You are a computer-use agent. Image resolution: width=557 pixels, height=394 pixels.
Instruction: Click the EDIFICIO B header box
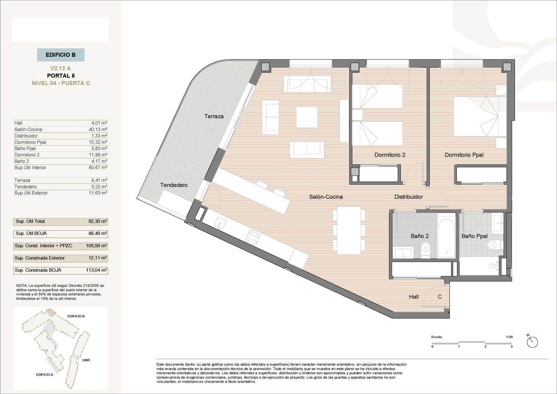pyautogui.click(x=61, y=55)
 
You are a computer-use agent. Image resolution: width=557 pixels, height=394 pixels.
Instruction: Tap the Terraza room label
pyautogui.click(x=214, y=116)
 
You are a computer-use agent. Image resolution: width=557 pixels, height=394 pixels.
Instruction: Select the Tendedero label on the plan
pyautogui.click(x=174, y=185)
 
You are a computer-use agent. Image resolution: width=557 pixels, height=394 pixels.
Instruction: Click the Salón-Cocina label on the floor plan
pyautogui.click(x=326, y=197)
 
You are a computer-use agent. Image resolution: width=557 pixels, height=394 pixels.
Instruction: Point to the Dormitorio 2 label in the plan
pyautogui.click(x=390, y=155)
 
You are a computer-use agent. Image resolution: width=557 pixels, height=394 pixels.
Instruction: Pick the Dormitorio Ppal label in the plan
pyautogui.click(x=464, y=155)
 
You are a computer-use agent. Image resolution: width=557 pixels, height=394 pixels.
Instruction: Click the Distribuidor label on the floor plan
pyautogui.click(x=409, y=197)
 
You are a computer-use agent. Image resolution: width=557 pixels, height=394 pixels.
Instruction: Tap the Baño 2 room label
pyautogui.click(x=420, y=236)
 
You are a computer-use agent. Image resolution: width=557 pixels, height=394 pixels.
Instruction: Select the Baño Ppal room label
pyautogui.click(x=475, y=236)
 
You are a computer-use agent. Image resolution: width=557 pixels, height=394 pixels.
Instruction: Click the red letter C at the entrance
pyautogui.click(x=440, y=297)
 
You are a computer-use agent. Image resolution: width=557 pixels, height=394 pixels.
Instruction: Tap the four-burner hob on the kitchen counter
pyautogui.click(x=252, y=237)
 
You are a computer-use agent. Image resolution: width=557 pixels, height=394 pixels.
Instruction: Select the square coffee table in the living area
pyautogui.click(x=307, y=117)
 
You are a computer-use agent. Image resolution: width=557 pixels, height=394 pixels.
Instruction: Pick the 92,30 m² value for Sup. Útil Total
pyautogui.click(x=98, y=221)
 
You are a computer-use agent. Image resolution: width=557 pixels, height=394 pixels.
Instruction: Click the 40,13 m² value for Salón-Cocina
pyautogui.click(x=99, y=129)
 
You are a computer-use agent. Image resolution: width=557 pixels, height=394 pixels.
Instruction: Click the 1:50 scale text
pyautogui.click(x=509, y=337)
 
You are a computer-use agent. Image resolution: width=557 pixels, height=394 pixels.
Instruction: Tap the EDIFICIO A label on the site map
pyautogui.click(x=44, y=375)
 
